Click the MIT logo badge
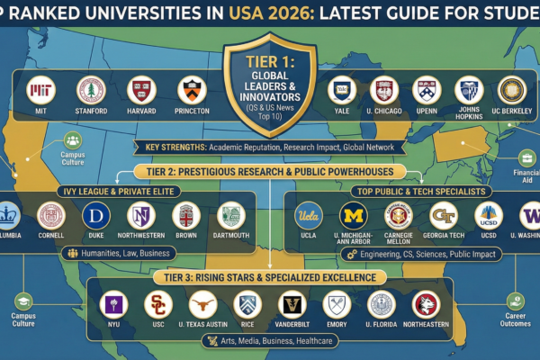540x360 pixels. coord(40,90)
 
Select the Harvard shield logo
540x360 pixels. coord(139,90)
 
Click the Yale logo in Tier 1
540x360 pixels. coord(340,90)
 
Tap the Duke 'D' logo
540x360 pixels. coord(95,216)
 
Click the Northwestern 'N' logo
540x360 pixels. coord(139,216)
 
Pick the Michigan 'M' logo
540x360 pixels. coord(352,217)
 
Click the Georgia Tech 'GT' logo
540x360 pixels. coord(442,217)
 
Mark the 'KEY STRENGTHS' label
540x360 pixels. coord(169,148)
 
